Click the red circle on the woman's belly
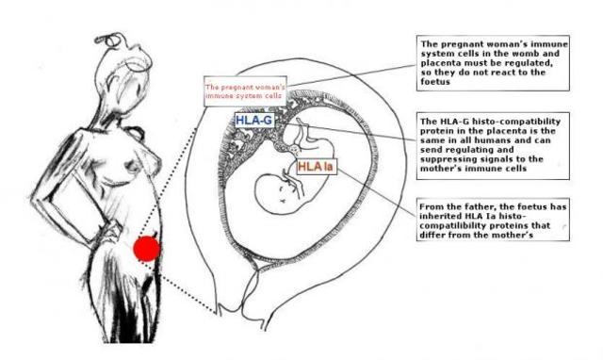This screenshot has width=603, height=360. [146, 249]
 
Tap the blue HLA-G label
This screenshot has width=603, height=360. [254, 121]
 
